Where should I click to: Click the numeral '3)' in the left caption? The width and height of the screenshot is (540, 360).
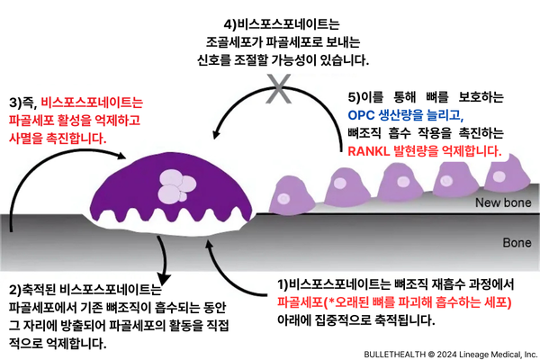[15, 103]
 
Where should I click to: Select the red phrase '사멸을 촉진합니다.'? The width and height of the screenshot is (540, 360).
[57, 139]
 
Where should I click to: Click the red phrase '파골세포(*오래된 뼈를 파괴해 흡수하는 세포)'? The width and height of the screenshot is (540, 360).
[395, 302]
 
